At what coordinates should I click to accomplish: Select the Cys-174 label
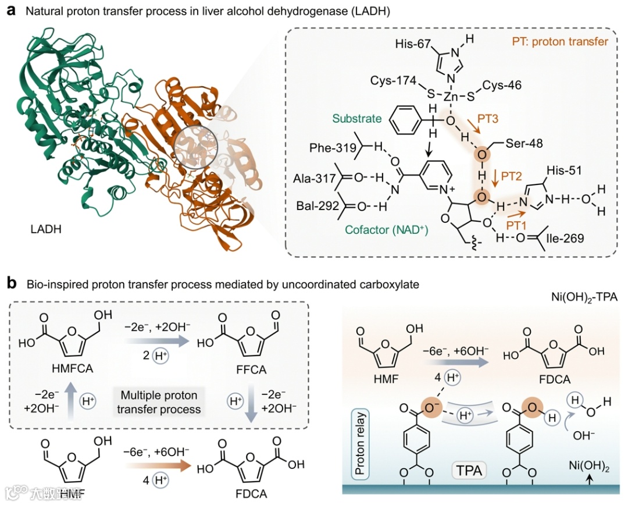(x=394, y=82)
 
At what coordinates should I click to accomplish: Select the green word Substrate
(x=356, y=119)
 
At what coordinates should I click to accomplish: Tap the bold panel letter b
(x=11, y=284)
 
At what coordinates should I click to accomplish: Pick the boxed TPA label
(x=469, y=470)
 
